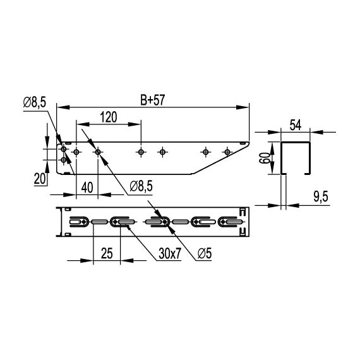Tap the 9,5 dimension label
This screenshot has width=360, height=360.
pyautogui.click(x=320, y=198)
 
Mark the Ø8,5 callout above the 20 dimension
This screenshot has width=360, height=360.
pyautogui.click(x=35, y=102)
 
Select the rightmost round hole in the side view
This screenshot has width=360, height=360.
pyautogui.click(x=227, y=152)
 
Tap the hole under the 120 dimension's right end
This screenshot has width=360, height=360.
pyautogui.click(x=141, y=152)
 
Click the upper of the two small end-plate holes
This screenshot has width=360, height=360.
pyautogui.click(x=64, y=150)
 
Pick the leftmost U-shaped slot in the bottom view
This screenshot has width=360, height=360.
pyautogui.click(x=77, y=222)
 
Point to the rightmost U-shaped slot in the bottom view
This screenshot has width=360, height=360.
pyautogui.click(x=231, y=222)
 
